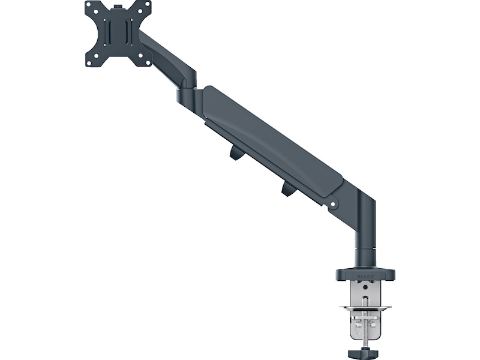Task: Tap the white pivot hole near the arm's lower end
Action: [x=334, y=205]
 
